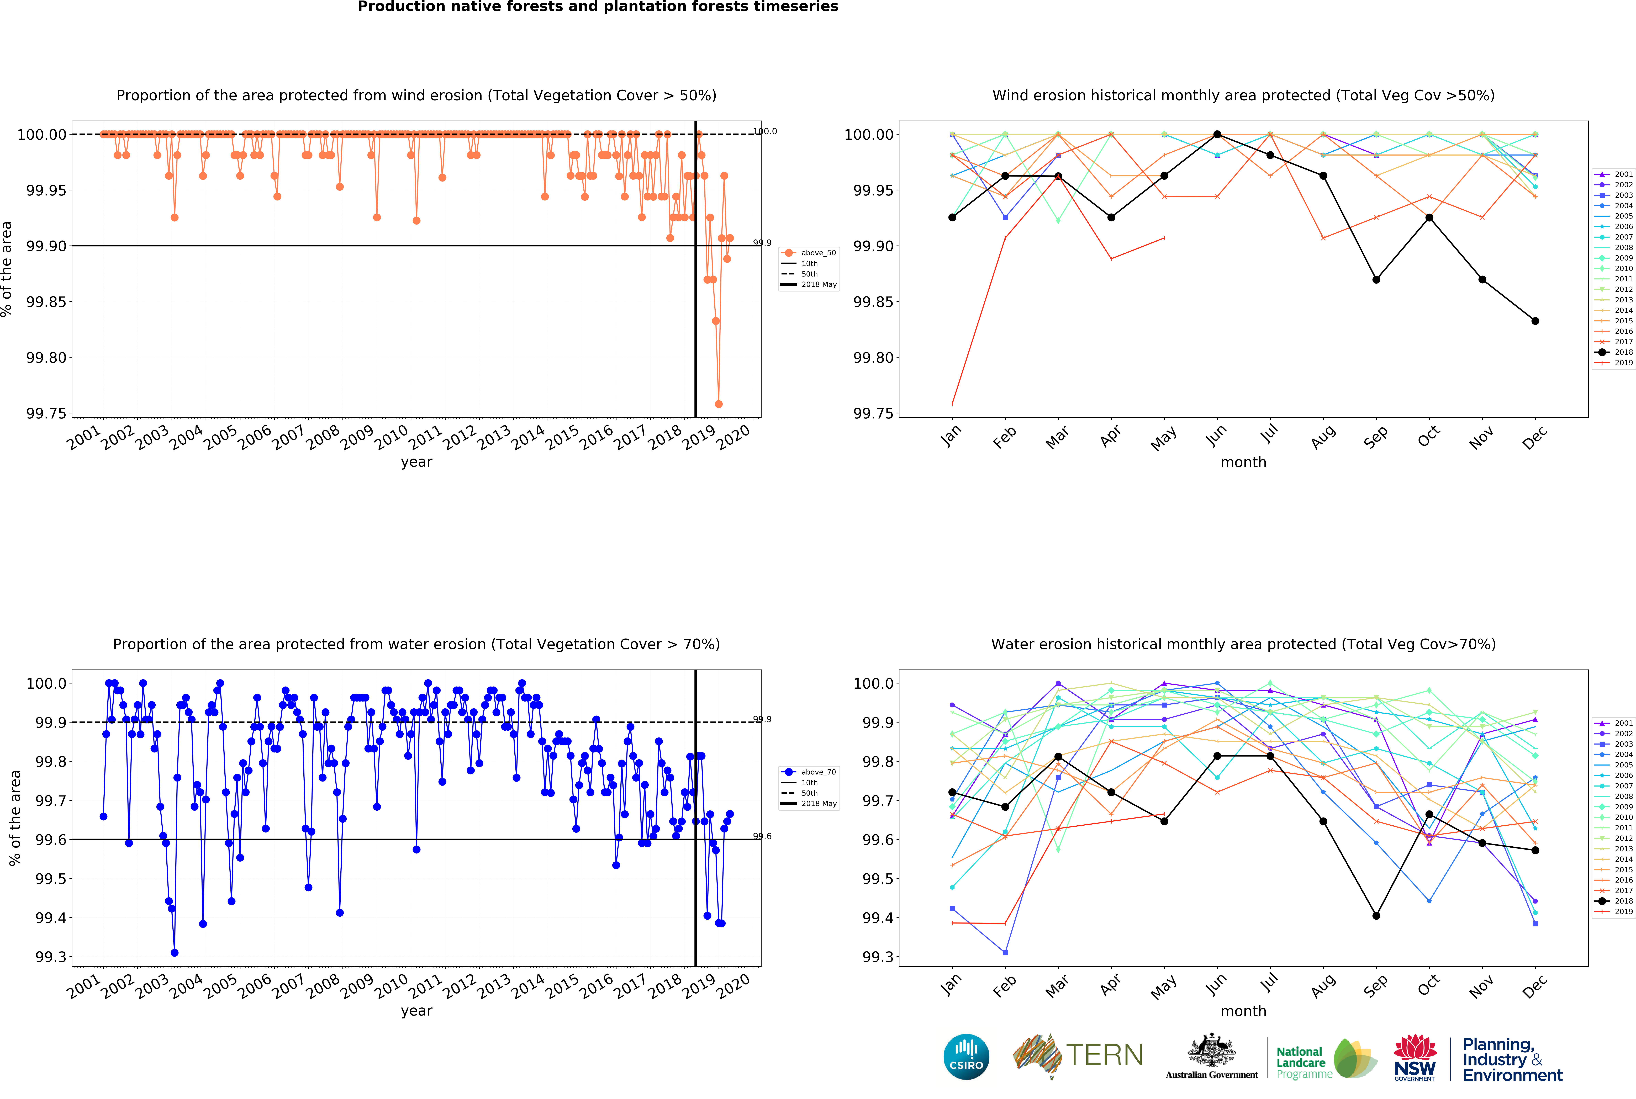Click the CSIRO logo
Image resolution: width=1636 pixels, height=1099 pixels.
click(966, 1057)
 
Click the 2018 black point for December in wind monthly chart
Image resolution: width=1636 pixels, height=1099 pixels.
click(1535, 321)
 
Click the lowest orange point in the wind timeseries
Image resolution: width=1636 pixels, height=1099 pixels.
click(719, 404)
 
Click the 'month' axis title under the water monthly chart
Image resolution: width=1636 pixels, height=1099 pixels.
click(1243, 1011)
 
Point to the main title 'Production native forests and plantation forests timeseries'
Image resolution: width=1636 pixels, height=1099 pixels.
click(598, 7)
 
